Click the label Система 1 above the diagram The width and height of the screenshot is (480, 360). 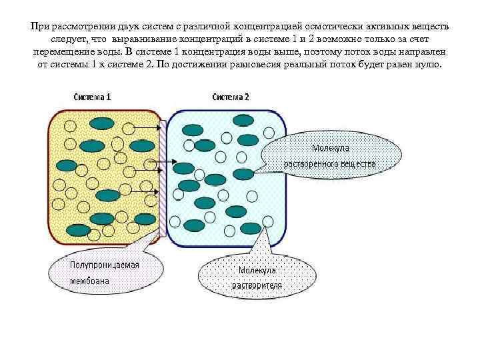(92, 96)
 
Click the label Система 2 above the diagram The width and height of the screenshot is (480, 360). (231, 96)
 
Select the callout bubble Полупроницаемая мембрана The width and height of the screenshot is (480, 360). (105, 273)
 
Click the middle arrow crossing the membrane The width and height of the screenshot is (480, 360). (160, 161)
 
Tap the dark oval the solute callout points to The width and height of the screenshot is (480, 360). (244, 174)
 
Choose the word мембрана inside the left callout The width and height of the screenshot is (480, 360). (91, 281)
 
